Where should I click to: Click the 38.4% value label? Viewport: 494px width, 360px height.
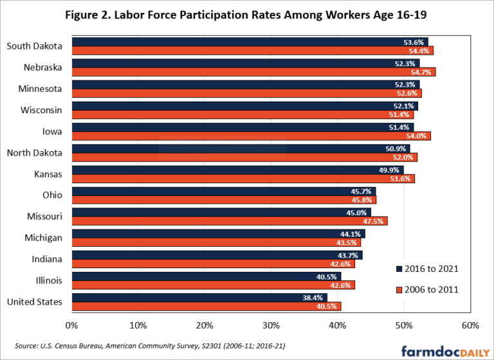tap(314, 298)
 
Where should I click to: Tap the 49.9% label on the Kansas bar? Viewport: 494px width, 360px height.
tap(390, 170)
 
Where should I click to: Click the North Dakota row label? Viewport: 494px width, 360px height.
tap(35, 152)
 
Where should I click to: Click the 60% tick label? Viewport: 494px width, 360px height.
tap(470, 325)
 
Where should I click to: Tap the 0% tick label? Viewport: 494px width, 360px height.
tap(71, 325)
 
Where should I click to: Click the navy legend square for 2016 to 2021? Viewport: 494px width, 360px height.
tap(399, 269)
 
